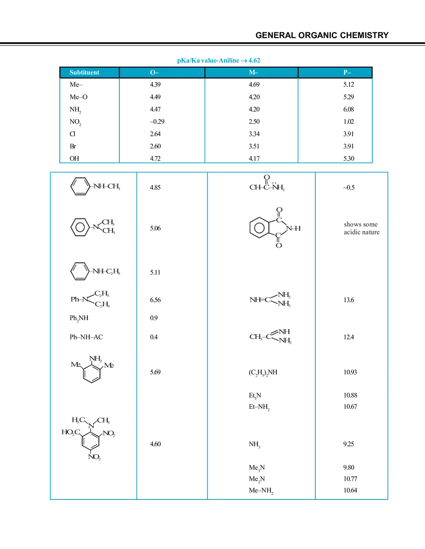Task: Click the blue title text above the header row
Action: click(x=218, y=61)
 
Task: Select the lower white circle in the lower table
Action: click(x=279, y=235)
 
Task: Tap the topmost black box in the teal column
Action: click(x=363, y=187)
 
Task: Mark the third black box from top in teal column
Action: click(x=363, y=299)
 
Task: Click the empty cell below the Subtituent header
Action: click(x=89, y=118)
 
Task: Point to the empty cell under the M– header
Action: click(x=251, y=118)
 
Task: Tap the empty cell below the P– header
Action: click(x=334, y=118)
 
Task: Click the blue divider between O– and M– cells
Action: click(x=205, y=118)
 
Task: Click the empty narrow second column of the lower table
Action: click(x=172, y=337)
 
